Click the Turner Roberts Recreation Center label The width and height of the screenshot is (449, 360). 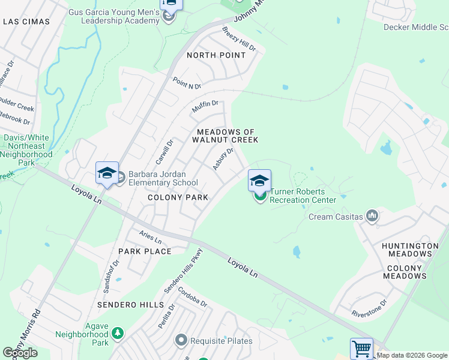(x=303, y=196)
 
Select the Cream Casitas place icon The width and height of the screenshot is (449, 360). (x=372, y=216)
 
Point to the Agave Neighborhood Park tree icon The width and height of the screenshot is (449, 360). (x=118, y=332)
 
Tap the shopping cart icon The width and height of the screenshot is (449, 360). (x=361, y=349)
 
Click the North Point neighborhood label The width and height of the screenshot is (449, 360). (x=216, y=55)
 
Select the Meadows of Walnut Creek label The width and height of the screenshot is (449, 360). (x=224, y=136)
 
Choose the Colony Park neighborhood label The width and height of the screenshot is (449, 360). (x=178, y=197)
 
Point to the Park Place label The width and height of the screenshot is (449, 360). (x=145, y=251)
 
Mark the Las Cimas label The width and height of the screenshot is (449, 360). (x=26, y=22)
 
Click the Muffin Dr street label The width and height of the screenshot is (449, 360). (x=205, y=107)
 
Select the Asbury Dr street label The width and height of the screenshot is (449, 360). (x=223, y=159)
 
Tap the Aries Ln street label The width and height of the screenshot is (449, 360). (x=150, y=238)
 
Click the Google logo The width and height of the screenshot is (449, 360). (x=20, y=353)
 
